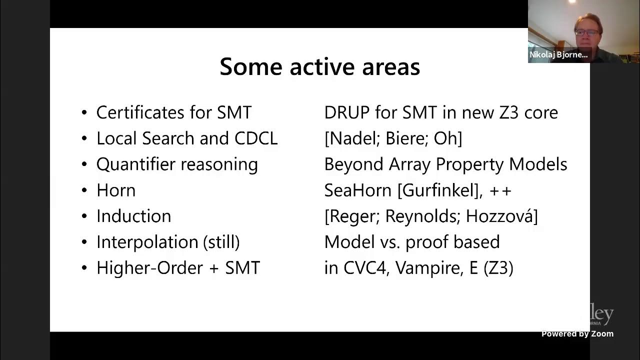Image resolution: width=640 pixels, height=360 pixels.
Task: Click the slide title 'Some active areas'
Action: pyautogui.click(x=319, y=66)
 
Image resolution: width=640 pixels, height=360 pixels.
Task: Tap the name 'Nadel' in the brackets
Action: pyautogui.click(x=349, y=138)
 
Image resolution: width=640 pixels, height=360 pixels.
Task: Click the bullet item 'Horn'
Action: pyautogui.click(x=115, y=190)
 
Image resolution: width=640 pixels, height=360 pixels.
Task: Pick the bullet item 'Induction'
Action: pyautogui.click(x=133, y=216)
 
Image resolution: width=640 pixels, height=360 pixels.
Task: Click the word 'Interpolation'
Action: pyautogui.click(x=147, y=242)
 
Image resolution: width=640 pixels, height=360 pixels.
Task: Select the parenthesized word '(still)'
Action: pyautogui.click(x=221, y=242)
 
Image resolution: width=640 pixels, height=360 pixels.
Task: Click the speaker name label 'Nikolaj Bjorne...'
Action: pyautogui.click(x=558, y=55)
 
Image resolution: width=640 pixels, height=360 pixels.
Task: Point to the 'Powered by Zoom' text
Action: pyautogui.click(x=577, y=334)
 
